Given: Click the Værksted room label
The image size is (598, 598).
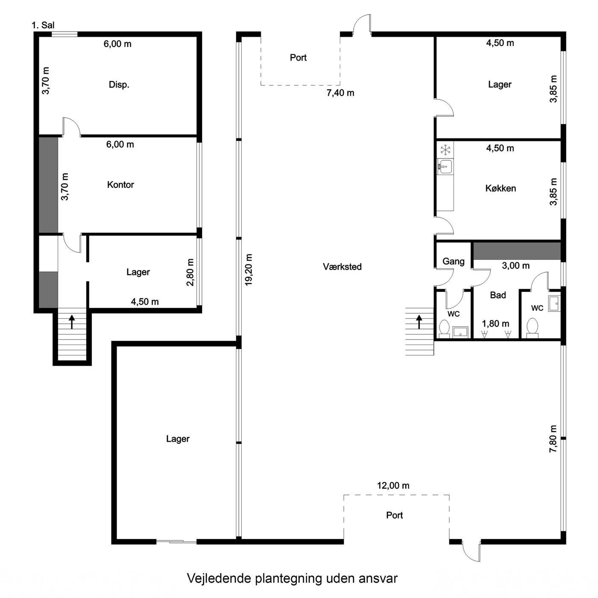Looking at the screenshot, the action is [x=342, y=267].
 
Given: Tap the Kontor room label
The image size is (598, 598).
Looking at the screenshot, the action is [x=120, y=185].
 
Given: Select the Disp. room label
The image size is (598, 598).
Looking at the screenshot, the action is [x=119, y=85].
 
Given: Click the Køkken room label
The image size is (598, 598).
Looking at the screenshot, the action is [x=501, y=188].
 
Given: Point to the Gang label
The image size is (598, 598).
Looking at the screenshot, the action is [x=453, y=261].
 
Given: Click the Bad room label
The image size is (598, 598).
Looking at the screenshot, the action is [x=498, y=295].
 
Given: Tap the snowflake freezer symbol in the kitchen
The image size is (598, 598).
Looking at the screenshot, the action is [x=446, y=150].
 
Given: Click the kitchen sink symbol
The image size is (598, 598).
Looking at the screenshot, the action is [x=445, y=166].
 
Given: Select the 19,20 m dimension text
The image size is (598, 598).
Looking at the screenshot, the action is [x=249, y=270].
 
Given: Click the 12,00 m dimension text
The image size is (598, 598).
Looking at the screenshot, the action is [x=393, y=485].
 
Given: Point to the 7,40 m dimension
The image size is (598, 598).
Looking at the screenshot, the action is [x=340, y=93].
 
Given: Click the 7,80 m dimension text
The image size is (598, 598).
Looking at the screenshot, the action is [x=553, y=439].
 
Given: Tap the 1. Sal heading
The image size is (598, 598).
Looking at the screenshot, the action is [x=43, y=25].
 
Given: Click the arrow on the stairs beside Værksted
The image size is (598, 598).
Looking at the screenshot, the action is [x=419, y=322].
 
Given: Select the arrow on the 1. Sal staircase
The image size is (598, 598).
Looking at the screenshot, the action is [x=72, y=322].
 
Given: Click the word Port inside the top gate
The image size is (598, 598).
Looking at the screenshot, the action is [x=298, y=57].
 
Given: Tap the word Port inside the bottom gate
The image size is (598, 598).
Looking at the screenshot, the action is [x=394, y=515].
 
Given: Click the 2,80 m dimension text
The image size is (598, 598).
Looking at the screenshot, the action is [x=190, y=272].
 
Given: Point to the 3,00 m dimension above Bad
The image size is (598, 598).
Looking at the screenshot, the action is [x=516, y=266].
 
